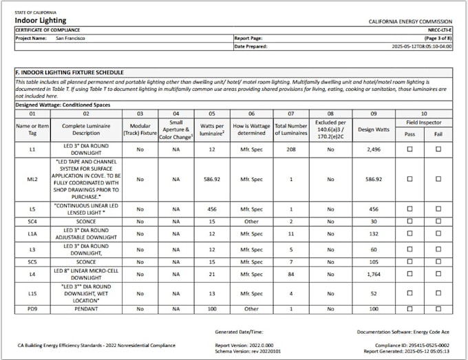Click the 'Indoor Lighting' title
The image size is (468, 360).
41,20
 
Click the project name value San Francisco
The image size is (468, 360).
70,39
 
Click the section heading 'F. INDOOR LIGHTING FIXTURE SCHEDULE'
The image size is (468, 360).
69,72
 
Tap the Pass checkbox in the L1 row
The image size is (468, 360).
409,149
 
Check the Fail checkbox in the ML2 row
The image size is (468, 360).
438,179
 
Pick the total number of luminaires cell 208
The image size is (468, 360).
290,149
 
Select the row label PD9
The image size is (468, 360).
32,309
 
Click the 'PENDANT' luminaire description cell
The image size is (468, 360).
87,309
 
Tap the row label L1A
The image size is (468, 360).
32,234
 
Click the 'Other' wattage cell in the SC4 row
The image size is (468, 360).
251,221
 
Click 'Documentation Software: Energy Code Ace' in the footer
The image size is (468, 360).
403,331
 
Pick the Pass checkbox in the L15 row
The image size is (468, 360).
409,294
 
